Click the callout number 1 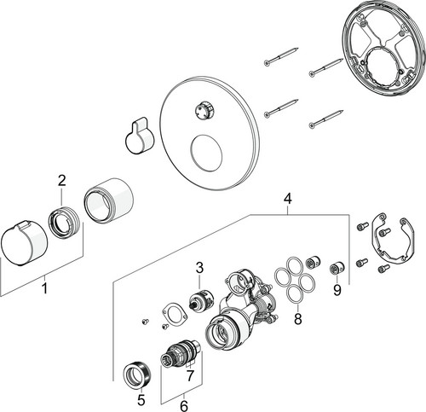click(x=44, y=288)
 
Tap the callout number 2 click(x=61, y=181)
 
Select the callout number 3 click(x=199, y=268)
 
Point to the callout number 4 click(x=287, y=199)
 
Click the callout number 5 click(x=141, y=401)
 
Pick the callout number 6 click(x=184, y=406)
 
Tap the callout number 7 click(x=190, y=375)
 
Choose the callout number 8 click(x=297, y=319)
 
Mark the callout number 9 click(x=337, y=290)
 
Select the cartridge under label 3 click(x=201, y=300)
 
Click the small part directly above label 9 click(x=337, y=269)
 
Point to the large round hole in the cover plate click(x=206, y=153)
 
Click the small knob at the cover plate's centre click(x=206, y=111)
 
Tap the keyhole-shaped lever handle click(x=140, y=136)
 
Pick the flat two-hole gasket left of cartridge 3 click(x=174, y=314)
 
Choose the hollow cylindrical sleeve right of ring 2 click(x=108, y=200)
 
